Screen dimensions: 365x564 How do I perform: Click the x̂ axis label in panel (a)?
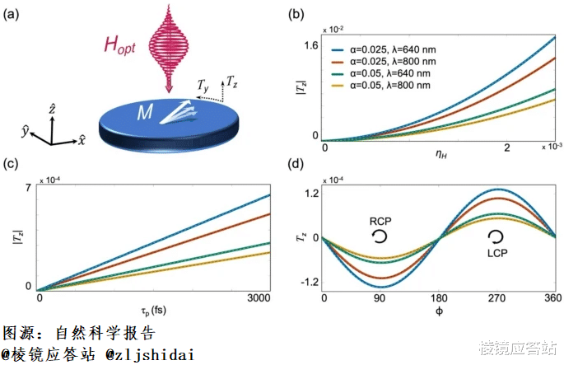coord(82,141)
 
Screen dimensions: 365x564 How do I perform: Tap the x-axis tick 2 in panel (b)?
coord(507,147)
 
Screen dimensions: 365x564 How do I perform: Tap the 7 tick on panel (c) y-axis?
coord(28,187)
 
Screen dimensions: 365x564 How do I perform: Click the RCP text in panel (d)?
coord(380,221)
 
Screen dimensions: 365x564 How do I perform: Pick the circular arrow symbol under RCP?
coord(380,237)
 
